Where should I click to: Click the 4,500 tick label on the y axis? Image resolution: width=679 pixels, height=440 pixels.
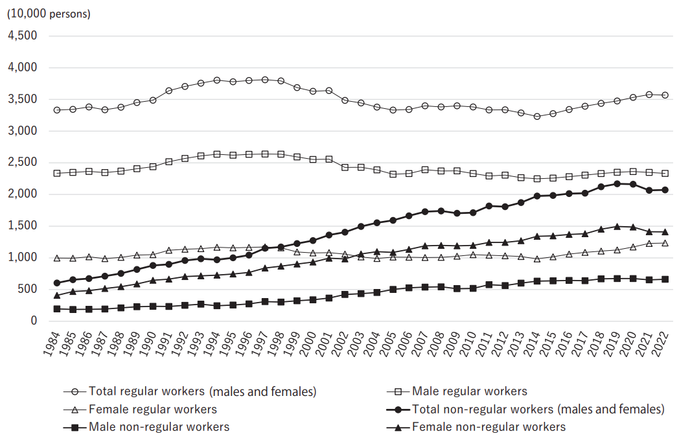[x=21, y=36]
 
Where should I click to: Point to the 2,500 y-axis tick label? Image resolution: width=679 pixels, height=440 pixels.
[x=21, y=163]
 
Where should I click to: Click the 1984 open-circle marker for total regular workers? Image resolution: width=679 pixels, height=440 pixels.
[x=57, y=110]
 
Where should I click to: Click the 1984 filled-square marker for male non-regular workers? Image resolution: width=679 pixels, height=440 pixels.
[x=57, y=309]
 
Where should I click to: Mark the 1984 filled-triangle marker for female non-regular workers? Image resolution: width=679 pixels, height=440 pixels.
[x=57, y=295]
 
